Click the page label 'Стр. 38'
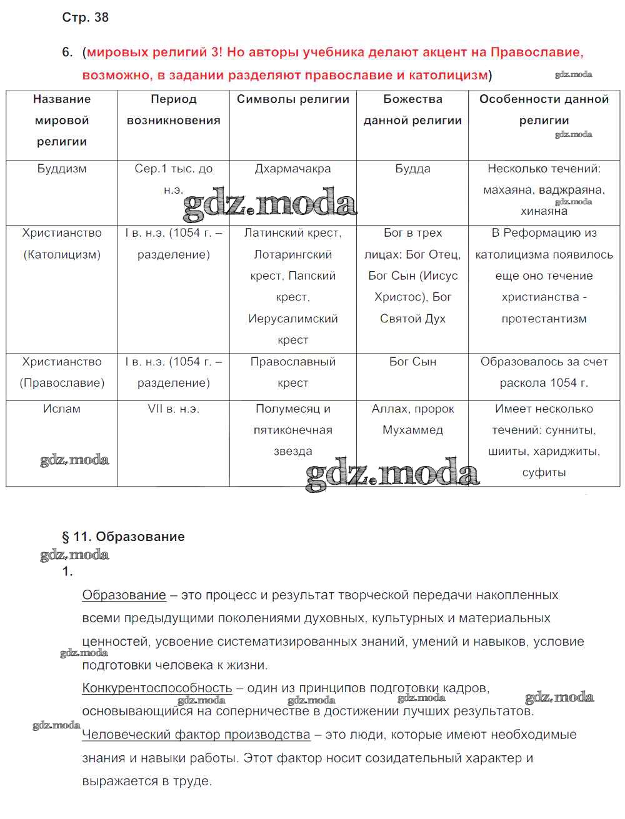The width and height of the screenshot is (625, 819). [85, 17]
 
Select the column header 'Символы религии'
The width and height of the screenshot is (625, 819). [292, 99]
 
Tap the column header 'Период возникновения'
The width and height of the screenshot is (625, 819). [173, 110]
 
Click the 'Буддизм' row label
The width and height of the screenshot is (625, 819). [62, 169]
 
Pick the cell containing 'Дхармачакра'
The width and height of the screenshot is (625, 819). [292, 169]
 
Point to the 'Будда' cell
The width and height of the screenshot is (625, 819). [412, 169]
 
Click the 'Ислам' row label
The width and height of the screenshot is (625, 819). [62, 409]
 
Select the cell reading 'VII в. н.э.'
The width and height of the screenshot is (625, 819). [173, 409]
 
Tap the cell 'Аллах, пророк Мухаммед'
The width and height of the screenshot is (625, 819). [412, 419]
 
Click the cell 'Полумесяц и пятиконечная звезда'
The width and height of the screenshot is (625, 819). [292, 430]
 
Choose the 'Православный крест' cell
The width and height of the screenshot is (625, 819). [292, 372]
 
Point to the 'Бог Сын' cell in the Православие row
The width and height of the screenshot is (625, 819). [412, 362]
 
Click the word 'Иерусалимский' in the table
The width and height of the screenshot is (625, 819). [292, 319]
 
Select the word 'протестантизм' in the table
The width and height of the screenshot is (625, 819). [544, 319]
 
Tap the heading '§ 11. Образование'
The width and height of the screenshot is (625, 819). [123, 537]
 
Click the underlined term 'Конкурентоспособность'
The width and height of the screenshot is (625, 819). [157, 688]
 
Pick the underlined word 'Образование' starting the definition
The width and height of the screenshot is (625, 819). [124, 595]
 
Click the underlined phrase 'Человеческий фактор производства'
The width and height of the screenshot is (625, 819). [196, 735]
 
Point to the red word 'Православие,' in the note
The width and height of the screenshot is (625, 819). [537, 52]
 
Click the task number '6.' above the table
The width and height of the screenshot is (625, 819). [67, 52]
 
